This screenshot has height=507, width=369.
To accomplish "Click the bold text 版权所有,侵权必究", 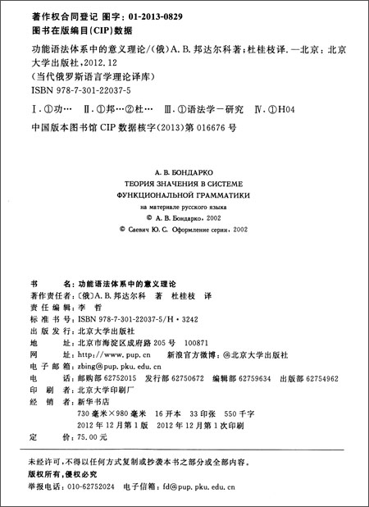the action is (x=61, y=473).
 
